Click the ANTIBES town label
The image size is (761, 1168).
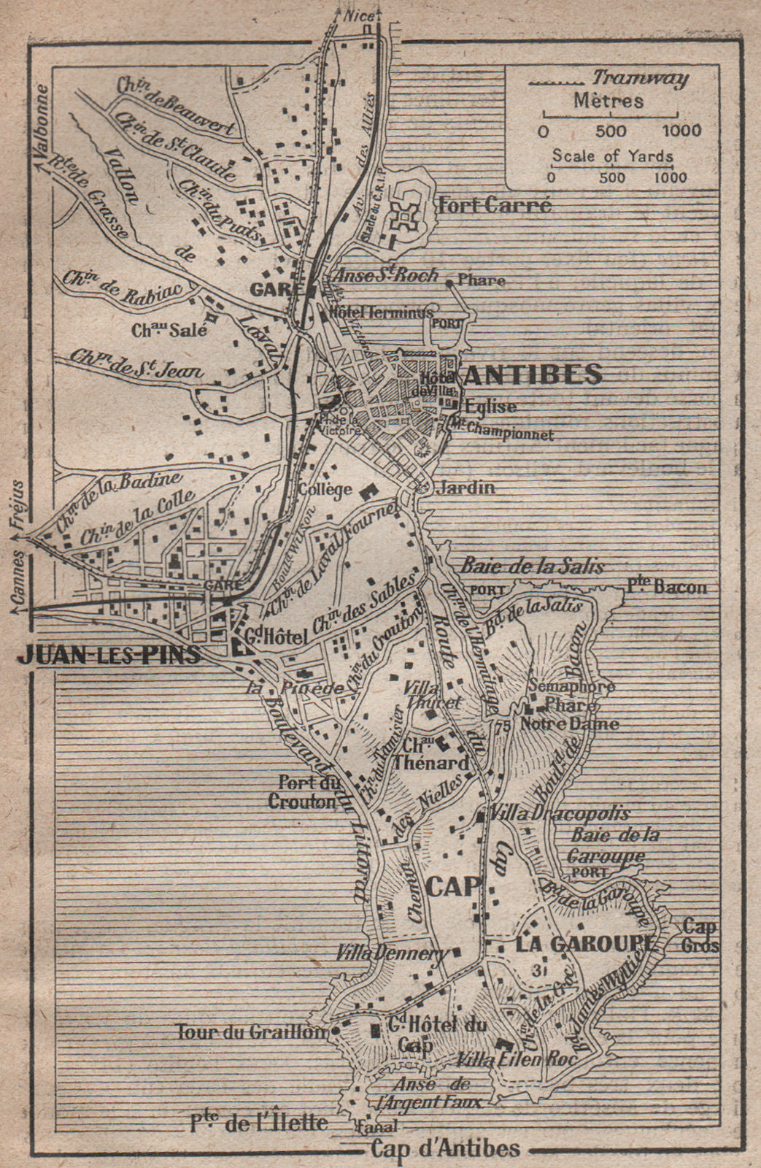point(533,374)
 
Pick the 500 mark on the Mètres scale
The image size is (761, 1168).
point(611,131)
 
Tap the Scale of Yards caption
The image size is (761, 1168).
point(612,155)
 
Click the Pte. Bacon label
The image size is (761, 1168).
point(667,586)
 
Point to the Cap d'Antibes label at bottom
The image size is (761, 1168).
point(445,1148)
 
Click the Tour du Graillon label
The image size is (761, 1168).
point(250,1031)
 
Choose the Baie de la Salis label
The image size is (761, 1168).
point(532,566)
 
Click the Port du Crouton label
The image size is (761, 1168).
point(302,792)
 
